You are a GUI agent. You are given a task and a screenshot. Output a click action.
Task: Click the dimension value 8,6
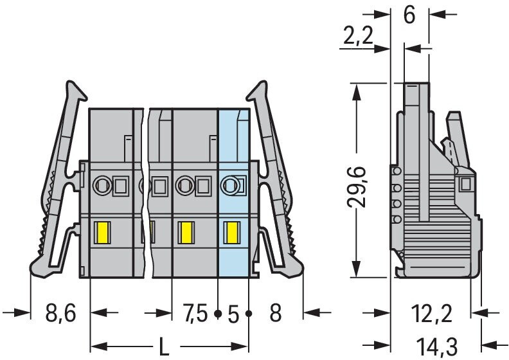tap(60, 312)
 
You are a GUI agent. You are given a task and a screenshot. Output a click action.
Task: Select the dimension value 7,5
tap(195, 313)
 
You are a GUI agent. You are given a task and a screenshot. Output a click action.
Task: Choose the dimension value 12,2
tap(432, 313)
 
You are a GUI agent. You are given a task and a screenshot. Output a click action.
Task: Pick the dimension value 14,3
tap(437, 346)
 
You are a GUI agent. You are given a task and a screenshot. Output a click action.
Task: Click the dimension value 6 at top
tap(409, 15)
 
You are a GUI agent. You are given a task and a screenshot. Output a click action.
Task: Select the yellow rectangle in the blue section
tap(232, 233)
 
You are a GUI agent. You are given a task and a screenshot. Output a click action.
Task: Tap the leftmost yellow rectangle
tap(102, 233)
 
